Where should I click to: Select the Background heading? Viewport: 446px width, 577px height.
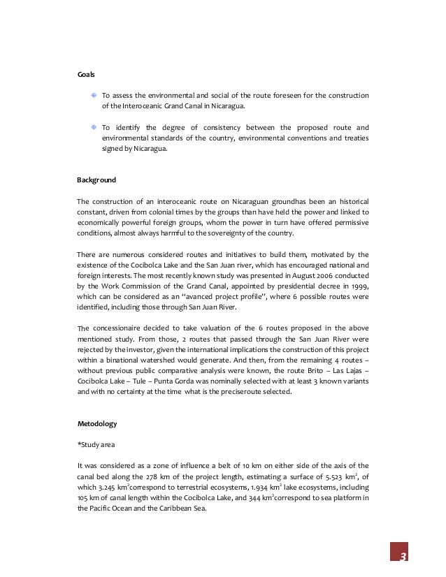tap(96, 180)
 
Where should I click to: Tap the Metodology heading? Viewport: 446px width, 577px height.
tap(96, 423)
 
